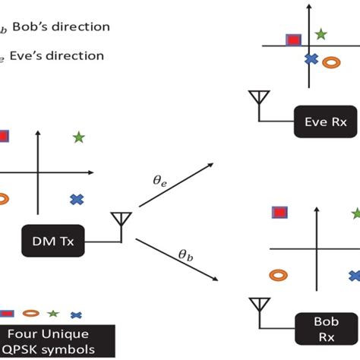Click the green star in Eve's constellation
click(x=321, y=34)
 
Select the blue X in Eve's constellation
click(x=310, y=58)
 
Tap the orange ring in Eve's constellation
click(x=331, y=64)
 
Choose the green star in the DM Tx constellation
click(x=78, y=137)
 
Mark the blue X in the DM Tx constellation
click(x=76, y=200)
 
